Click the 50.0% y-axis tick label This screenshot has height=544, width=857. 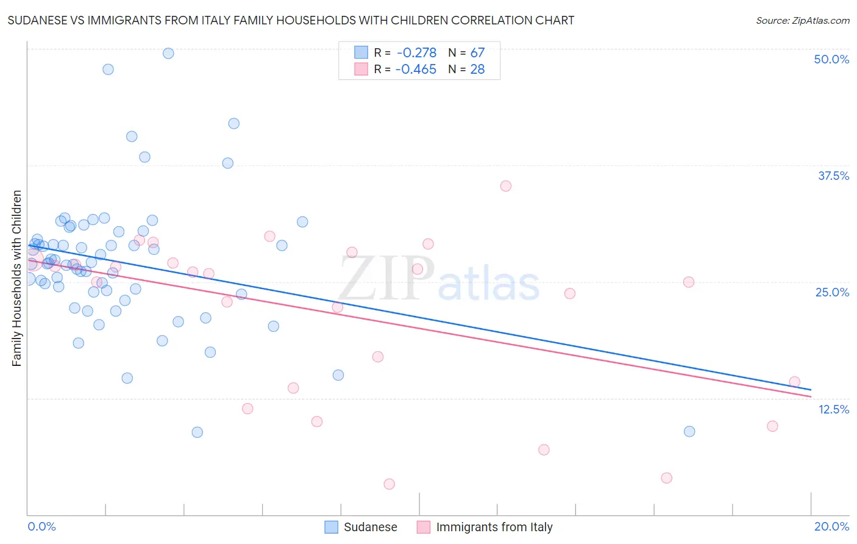(x=831, y=59)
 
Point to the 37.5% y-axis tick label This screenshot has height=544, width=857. (x=833, y=176)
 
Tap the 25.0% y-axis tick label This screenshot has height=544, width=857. (x=832, y=292)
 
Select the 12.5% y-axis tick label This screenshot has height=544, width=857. (x=833, y=409)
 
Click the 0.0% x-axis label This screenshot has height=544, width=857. (x=41, y=526)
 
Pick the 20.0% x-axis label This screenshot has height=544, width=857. (x=831, y=526)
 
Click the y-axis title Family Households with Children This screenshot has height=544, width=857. (x=16, y=278)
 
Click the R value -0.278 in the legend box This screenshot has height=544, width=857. (x=416, y=53)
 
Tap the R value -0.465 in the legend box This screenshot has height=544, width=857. (x=416, y=70)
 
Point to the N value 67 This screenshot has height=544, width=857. (x=477, y=53)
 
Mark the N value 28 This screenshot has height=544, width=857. (x=477, y=70)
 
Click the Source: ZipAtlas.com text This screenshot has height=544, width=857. (x=802, y=21)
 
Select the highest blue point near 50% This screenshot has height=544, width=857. (x=168, y=53)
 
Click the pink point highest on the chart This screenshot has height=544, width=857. (x=505, y=186)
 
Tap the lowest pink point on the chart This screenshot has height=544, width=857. (x=389, y=484)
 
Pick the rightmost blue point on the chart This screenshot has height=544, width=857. (x=689, y=431)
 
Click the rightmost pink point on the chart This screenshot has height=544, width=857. (x=794, y=382)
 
